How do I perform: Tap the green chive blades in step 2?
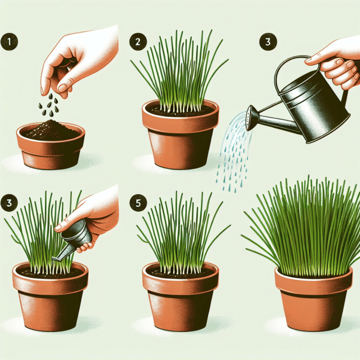178,75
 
